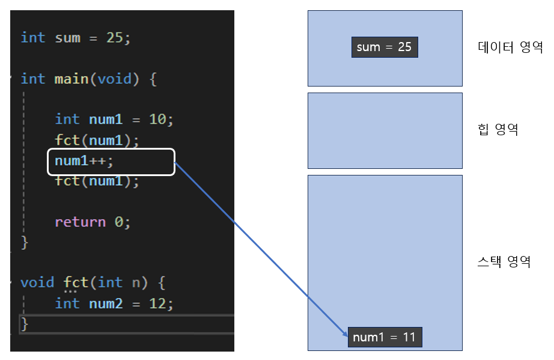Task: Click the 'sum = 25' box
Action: (384, 47)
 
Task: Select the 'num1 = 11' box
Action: (385, 337)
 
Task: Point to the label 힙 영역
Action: (498, 129)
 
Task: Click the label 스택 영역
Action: (504, 261)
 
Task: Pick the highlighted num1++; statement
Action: (111, 162)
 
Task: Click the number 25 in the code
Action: (114, 37)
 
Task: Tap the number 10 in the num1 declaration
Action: (157, 120)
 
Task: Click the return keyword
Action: (80, 222)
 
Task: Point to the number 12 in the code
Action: (157, 304)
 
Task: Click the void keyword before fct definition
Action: (37, 282)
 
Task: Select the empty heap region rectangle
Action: (385, 130)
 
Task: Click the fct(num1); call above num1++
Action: (97, 141)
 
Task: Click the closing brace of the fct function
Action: (25, 324)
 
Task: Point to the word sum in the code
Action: (67, 37)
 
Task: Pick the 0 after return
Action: (119, 222)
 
